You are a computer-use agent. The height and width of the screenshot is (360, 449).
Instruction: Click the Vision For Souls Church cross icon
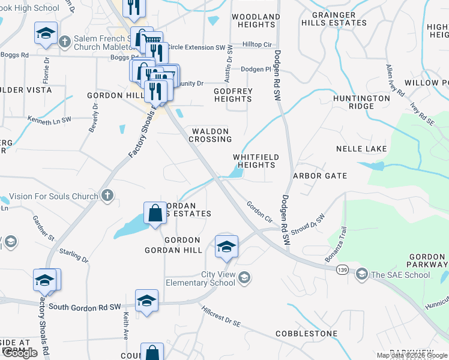pos(107,196)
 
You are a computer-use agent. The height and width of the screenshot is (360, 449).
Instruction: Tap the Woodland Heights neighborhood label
pos(256,21)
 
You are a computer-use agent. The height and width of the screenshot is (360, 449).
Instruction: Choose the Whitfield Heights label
pos(256,161)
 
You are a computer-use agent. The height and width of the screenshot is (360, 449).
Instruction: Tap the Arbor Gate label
pos(320,176)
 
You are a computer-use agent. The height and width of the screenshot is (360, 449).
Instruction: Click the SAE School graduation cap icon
pos(361,275)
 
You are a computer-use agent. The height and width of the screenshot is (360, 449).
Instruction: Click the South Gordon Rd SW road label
pos(86,307)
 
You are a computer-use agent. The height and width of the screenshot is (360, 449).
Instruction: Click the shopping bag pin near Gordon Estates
pos(155,213)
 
